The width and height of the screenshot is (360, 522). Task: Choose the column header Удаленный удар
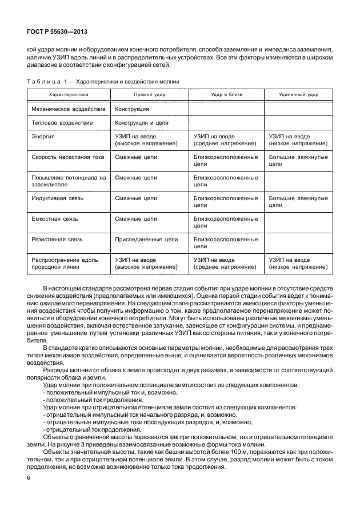tap(298, 94)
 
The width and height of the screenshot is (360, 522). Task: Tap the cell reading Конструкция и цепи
tap(141, 123)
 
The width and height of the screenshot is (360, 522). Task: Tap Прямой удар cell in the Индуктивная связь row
tap(135, 198)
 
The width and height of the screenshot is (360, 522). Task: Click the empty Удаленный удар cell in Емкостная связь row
tap(298, 222)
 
